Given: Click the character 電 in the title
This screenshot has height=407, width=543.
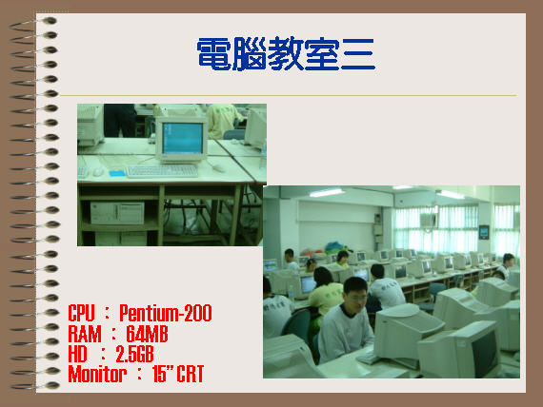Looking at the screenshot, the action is (214, 54).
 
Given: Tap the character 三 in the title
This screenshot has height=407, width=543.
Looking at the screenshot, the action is (358, 54).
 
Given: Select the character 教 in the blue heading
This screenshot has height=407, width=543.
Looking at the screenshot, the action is (286, 54).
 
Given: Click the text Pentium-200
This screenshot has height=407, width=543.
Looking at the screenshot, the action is (165, 313).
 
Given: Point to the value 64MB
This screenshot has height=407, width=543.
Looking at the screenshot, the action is (147, 334).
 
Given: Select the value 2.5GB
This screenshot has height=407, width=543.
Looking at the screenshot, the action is (134, 354).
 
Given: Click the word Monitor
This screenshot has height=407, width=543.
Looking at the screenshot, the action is (97, 374).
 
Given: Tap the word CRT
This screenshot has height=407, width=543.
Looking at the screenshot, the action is (191, 374).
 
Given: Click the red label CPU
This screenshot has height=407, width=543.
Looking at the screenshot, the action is (81, 313).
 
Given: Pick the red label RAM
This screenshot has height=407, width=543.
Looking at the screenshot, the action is (85, 334).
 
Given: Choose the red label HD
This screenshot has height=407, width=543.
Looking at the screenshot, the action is (77, 354).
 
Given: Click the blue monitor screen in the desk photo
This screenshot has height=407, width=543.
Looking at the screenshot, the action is (183, 138).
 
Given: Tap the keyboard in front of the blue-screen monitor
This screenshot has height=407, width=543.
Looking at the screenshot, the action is (162, 171).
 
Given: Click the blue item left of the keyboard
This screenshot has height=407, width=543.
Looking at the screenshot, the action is (117, 172).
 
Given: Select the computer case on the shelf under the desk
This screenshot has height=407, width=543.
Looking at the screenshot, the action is (117, 213).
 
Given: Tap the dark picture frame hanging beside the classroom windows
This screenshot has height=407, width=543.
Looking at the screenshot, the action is (484, 232).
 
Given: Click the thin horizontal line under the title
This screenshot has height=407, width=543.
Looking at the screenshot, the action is (289, 95).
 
